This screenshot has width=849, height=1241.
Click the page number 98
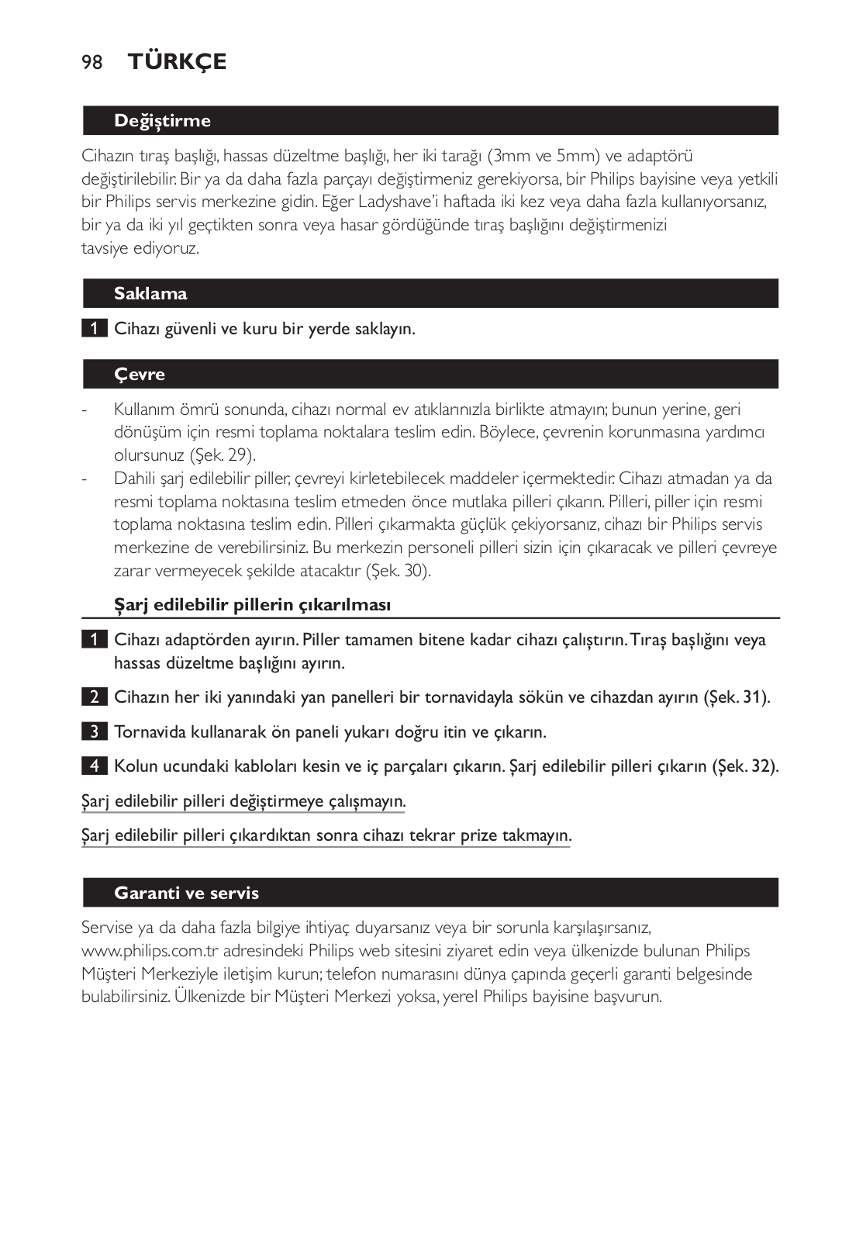[91, 62]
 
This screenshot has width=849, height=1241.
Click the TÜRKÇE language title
[178, 61]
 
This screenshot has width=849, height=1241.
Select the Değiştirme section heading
[162, 120]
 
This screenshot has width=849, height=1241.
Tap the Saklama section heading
[150, 293]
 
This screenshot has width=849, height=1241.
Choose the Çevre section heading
[140, 374]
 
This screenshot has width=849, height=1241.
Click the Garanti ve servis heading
[186, 893]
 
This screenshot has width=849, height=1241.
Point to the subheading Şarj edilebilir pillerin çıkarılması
[252, 605]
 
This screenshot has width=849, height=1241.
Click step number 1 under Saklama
[94, 328]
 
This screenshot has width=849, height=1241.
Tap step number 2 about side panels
[94, 697]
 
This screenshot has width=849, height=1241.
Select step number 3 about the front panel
[94, 731]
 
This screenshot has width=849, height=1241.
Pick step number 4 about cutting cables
[94, 766]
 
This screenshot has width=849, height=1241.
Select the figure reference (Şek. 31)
[737, 697]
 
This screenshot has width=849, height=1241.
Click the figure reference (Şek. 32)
[745, 766]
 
